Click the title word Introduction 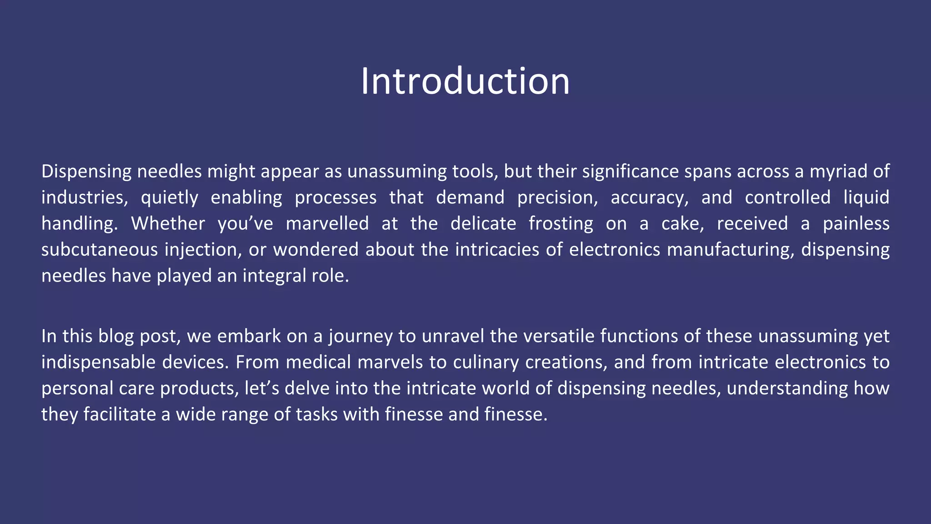click(x=465, y=81)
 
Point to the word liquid click(x=866, y=198)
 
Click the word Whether click(x=168, y=224)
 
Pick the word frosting click(x=561, y=224)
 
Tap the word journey click(x=360, y=337)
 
